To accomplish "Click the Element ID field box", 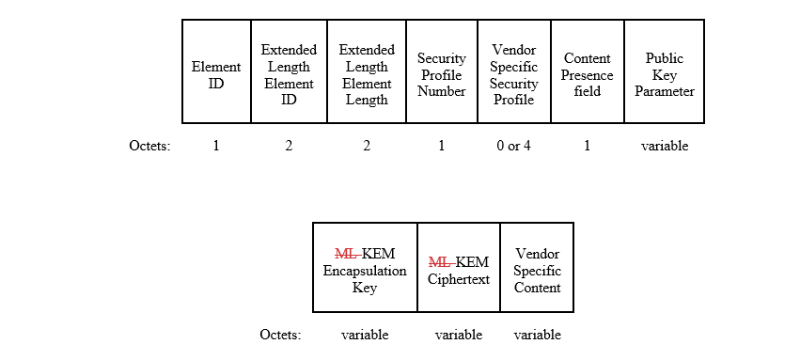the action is (216, 71).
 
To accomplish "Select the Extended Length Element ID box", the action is (289, 71).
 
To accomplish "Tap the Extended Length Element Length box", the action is (367, 71).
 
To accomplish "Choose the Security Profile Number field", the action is (442, 71).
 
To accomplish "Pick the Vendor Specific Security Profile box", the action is (514, 71).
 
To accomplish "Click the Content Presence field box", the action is (588, 71).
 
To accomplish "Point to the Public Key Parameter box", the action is (665, 71).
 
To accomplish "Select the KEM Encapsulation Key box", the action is (365, 267).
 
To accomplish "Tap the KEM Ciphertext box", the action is (459, 267).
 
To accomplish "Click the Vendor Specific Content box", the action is (537, 267).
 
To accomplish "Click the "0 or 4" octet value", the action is (514, 146).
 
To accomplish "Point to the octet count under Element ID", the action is (216, 146).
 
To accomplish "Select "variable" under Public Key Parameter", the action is (665, 146).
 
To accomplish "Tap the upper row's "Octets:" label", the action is (149, 146).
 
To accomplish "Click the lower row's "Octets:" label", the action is (280, 335).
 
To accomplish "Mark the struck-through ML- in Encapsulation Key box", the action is (348, 254).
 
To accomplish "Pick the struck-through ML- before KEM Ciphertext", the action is (442, 262).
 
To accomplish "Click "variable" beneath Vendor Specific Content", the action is (537, 335).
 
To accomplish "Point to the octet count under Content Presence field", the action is (588, 146).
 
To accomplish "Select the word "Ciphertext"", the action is (459, 279).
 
